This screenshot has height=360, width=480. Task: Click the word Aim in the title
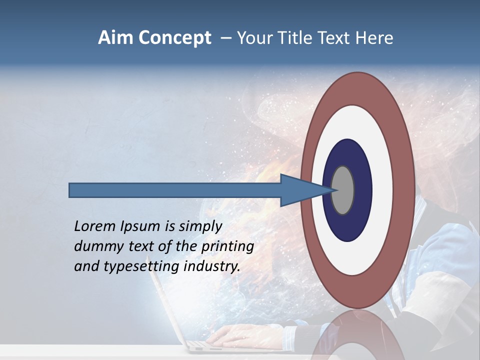[x=115, y=38]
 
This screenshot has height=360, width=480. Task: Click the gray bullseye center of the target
[x=343, y=190]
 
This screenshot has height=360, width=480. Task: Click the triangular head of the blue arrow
[x=300, y=190]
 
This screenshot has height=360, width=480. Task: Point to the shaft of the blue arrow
[x=175, y=190]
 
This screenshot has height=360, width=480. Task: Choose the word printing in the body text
[x=227, y=246]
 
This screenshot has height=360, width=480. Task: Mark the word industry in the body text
[x=212, y=266]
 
